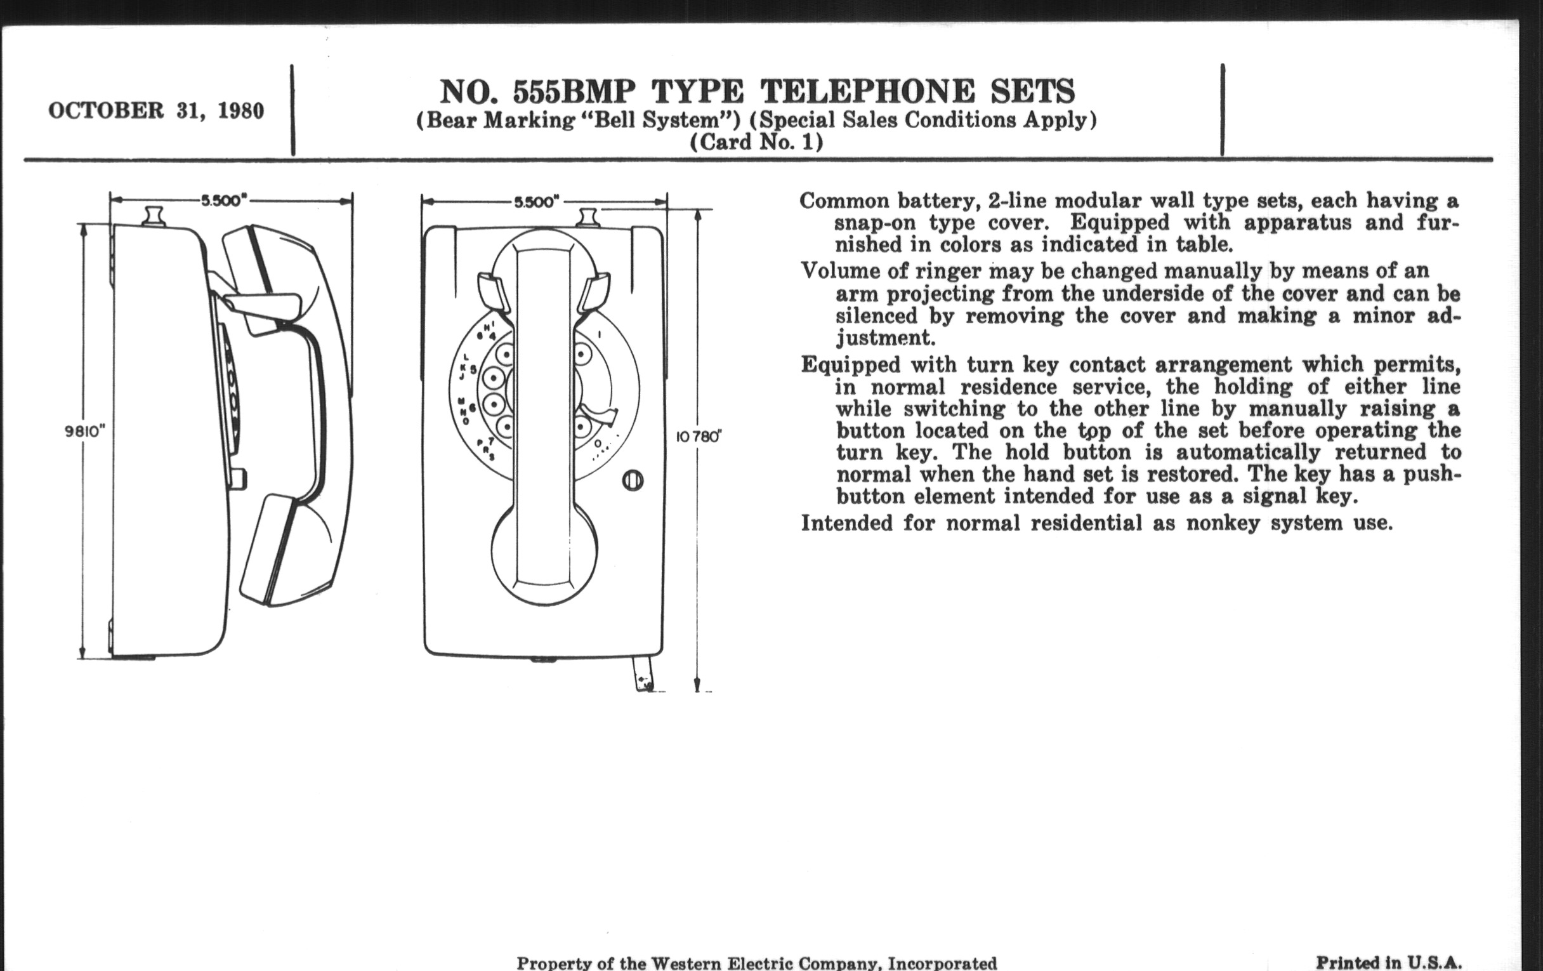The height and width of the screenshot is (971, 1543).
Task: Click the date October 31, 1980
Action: (155, 111)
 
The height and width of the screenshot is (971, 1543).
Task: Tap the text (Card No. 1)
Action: (756, 142)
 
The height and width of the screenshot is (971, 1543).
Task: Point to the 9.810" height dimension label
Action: (84, 432)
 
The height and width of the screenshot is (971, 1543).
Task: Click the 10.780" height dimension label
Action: (699, 437)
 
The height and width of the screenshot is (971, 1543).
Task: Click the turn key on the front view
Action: (633, 480)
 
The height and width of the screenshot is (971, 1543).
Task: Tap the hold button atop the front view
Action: (588, 218)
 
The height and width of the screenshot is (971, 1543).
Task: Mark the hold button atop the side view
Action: (154, 216)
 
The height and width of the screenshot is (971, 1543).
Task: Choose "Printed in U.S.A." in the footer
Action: (1389, 963)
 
